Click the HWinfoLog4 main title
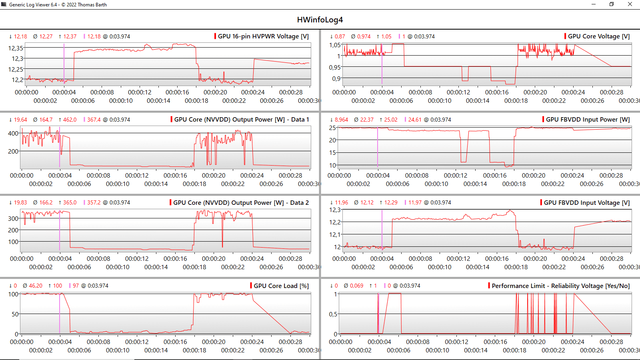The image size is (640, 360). (x=320, y=20)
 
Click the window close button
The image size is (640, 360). (x=630, y=4)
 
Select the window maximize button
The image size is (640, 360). (x=612, y=4)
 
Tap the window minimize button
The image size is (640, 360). (x=594, y=4)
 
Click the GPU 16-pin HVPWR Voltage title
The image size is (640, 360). (x=263, y=36)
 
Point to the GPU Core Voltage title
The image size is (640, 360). (x=598, y=36)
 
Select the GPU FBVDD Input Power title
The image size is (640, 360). (x=588, y=120)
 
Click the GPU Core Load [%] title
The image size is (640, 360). (x=281, y=286)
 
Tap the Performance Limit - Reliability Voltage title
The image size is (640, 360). (x=560, y=286)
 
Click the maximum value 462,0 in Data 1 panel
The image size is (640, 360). (x=70, y=120)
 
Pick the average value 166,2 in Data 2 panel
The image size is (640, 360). (x=46, y=203)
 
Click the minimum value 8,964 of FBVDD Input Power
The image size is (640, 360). (x=341, y=120)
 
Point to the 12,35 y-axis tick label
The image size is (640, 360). (x=16, y=48)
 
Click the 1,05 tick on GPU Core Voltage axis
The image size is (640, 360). (x=335, y=45)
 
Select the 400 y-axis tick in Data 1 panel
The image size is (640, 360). (x=13, y=133)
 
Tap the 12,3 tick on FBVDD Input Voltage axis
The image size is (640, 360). (x=335, y=210)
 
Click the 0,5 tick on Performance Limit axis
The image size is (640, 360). (x=333, y=314)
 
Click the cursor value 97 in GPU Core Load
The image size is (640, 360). (x=76, y=286)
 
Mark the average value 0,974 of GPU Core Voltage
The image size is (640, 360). (x=364, y=36)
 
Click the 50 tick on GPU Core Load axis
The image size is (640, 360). (x=15, y=314)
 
